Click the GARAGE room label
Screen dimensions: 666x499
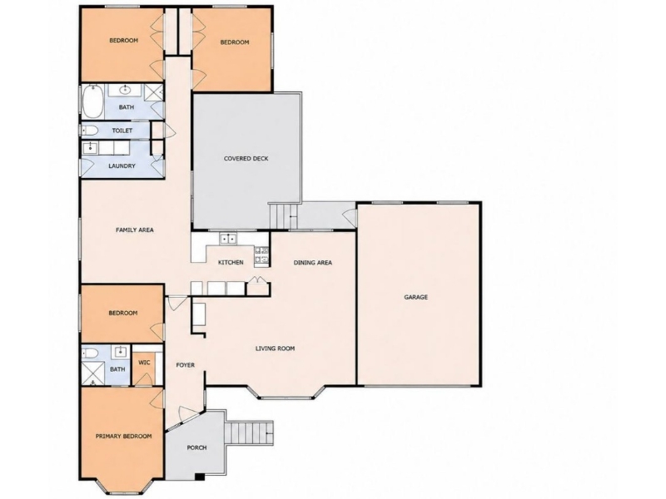(415, 297)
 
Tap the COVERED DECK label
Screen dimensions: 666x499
(246, 159)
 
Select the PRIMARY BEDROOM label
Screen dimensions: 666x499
(123, 436)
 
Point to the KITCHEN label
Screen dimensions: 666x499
(231, 263)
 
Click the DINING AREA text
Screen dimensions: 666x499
(313, 263)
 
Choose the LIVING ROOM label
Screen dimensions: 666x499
(275, 348)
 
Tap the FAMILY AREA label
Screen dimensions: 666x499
(135, 230)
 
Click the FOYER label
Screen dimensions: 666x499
(185, 365)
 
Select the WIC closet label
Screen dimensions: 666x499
(144, 363)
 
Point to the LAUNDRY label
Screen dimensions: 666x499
(122, 166)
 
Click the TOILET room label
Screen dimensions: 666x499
(122, 131)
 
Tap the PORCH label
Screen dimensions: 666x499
(196, 447)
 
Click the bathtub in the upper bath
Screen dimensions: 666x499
(92, 101)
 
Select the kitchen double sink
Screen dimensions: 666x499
(228, 239)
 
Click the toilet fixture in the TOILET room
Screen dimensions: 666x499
(90, 131)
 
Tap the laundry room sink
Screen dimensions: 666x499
(90, 148)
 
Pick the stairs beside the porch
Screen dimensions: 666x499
(248, 432)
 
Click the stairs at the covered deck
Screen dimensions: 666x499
(283, 216)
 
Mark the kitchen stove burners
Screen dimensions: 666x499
(261, 255)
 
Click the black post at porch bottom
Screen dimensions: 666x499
(200, 477)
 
